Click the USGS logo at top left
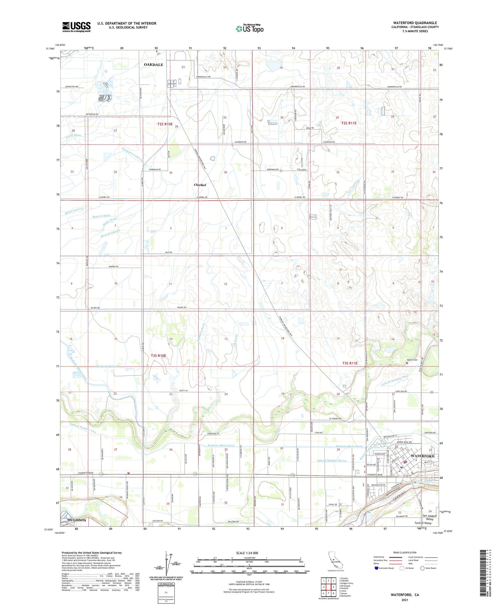click(x=76, y=27)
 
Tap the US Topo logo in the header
click(x=249, y=29)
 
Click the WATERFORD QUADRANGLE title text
click(x=415, y=23)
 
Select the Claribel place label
click(x=200, y=185)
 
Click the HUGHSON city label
click(x=77, y=520)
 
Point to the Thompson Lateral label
click(x=133, y=154)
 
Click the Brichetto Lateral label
click(x=107, y=366)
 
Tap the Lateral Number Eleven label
click(x=332, y=461)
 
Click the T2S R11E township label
click(x=349, y=123)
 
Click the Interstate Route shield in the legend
click(x=377, y=568)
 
